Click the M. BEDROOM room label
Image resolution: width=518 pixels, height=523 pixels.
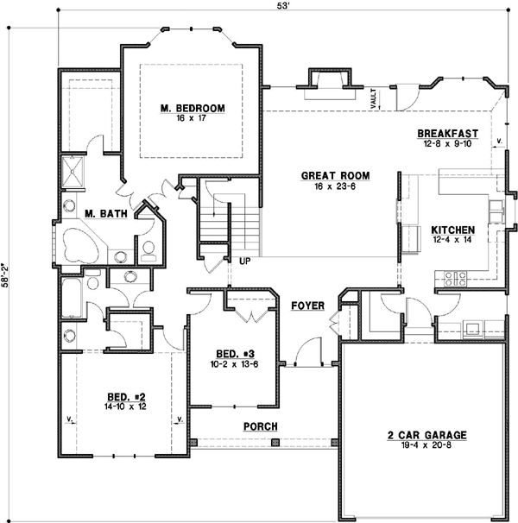point(193,108)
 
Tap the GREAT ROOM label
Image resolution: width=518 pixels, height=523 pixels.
point(325,175)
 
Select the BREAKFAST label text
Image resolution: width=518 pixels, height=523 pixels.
point(447,133)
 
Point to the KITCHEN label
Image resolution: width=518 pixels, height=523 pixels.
point(452,230)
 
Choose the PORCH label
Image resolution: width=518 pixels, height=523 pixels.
point(259,426)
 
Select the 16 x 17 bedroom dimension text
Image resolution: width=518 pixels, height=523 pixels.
point(193,118)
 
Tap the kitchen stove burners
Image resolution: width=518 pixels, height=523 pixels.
point(454,278)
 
